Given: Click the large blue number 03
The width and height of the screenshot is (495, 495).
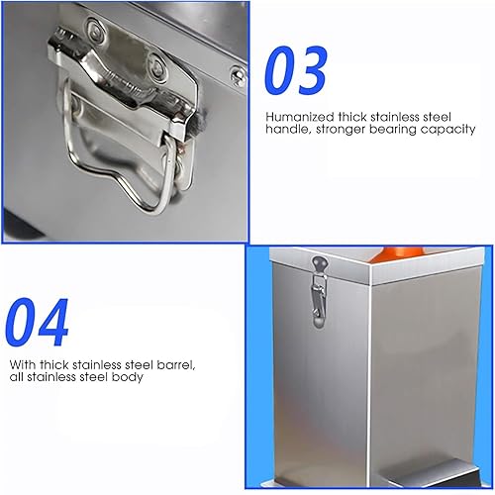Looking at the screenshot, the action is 296,70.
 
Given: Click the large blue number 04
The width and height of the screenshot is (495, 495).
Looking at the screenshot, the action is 37,322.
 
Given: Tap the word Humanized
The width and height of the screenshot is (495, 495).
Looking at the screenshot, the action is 300,117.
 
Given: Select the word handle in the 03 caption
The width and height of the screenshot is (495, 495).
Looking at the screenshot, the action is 288,129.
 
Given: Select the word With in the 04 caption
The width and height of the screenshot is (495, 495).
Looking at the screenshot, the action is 23,364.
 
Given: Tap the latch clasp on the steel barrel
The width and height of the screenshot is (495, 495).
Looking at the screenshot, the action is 319,292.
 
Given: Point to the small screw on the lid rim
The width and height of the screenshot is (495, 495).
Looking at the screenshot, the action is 238,76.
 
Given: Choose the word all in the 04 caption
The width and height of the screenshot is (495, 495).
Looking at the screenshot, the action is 17,376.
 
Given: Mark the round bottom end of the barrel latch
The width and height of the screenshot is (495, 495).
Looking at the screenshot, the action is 319,322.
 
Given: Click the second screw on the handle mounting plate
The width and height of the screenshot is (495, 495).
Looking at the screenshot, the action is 156,66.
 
